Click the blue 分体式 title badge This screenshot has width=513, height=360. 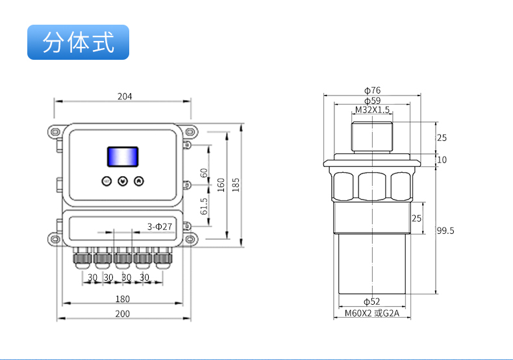pos(79,42)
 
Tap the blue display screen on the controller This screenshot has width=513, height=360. pos(123,157)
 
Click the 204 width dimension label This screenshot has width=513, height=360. pos(125,96)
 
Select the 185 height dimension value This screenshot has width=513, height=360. pos(236,185)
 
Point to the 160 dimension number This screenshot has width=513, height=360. pos(221,185)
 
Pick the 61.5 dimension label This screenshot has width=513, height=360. pos(204,207)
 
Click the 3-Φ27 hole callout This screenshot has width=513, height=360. pos(160,226)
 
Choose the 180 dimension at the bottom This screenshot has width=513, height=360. pos(123,299)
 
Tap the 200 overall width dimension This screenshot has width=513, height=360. pos(123,313)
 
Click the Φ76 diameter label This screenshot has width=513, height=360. pos(372,90)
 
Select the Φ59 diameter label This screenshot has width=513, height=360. pos(372,101)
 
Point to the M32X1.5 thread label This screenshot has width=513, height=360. pos(372,110)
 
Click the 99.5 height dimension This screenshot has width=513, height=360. pos(445,231)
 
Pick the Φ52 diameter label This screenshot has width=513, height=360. pos(371,302)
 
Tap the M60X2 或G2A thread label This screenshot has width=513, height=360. pos(372,314)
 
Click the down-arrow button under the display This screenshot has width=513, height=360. pos(123,181)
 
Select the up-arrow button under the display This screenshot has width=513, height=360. pos(138,181)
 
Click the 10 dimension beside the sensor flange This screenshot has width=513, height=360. pos(442,160)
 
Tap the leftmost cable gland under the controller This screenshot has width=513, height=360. pos(82,258)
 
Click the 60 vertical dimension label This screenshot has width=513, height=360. pos(204,173)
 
